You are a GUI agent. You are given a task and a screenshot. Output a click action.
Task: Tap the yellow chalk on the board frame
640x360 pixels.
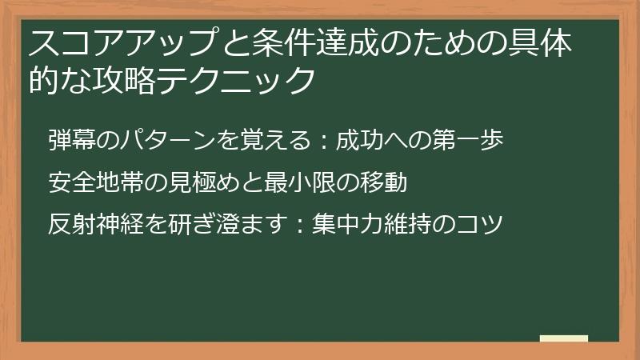pyautogui.click(x=564, y=338)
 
